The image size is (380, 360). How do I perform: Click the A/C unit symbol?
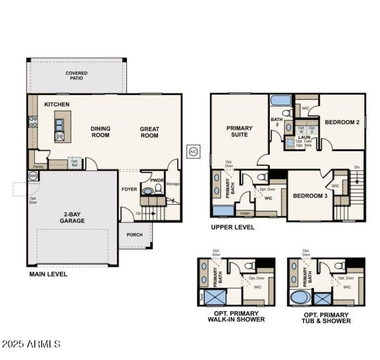193,152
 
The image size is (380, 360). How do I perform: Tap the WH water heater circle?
33,176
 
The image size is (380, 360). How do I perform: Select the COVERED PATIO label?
76,76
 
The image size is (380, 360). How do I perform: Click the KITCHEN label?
57,104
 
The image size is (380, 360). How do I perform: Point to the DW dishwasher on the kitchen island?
59,136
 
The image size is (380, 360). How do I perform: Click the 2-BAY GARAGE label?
72,218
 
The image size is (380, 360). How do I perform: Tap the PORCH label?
134,235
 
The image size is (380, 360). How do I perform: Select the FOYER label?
129,189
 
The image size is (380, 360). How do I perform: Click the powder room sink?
148,191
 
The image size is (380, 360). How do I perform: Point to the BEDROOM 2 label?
342,122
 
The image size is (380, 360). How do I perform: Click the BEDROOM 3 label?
310,196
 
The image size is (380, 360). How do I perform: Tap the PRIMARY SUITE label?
239,131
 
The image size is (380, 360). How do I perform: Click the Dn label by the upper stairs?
357,167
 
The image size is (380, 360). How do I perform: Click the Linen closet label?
245,213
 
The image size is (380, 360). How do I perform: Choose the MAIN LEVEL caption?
48,274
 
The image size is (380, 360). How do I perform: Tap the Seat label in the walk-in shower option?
201,298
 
